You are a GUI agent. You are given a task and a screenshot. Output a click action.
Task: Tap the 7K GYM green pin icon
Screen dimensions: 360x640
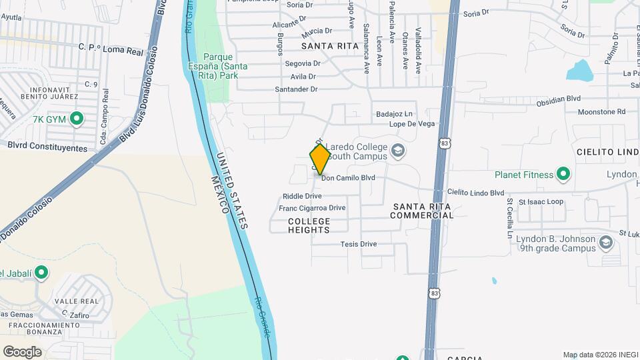coord(77,119)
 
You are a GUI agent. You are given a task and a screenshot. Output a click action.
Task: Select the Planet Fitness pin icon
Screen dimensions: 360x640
coord(563,175)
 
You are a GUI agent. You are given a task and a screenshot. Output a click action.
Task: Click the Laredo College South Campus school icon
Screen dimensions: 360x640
coord(398,149)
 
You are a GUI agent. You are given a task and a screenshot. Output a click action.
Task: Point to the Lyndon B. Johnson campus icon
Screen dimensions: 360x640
coord(605,243)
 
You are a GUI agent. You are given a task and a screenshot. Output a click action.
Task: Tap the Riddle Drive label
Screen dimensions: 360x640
coord(302,196)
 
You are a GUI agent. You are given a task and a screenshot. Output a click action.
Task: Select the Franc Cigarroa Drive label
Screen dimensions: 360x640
coord(312,208)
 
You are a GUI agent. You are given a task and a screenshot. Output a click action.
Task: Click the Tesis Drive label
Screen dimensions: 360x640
coord(359,244)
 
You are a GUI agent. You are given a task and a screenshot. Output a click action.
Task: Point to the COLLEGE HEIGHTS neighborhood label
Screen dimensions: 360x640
coord(309,225)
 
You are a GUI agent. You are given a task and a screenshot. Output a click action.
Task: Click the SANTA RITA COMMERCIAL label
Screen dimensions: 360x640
coord(422,211)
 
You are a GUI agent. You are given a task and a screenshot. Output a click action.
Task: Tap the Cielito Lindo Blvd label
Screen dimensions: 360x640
coord(475,193)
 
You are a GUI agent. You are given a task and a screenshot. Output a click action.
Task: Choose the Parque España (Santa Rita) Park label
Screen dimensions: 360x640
coord(220,66)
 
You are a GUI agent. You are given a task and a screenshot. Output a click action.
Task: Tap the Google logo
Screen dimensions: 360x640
coord(22,351)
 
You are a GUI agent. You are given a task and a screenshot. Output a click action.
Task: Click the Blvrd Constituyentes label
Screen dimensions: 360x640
coord(47,146)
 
